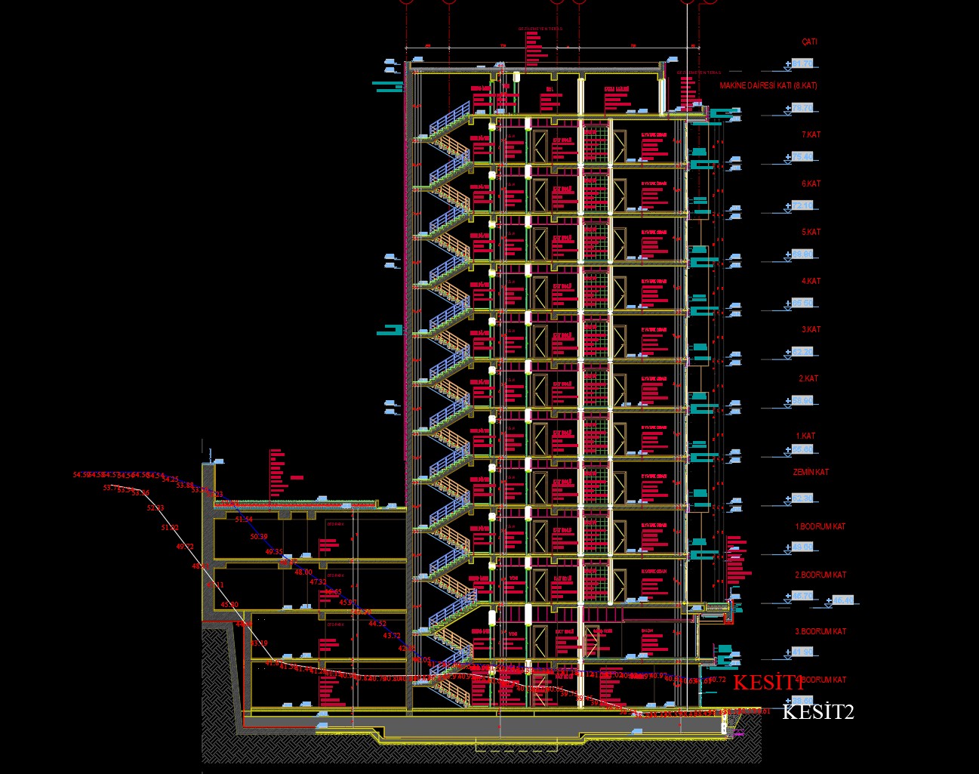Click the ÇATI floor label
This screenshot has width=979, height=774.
[809, 42]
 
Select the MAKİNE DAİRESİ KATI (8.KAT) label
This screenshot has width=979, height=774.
[768, 85]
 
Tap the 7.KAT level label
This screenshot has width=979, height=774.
[811, 134]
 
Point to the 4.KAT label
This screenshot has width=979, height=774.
[811, 281]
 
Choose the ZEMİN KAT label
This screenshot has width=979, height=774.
[811, 472]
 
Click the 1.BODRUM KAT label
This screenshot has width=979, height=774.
[820, 526]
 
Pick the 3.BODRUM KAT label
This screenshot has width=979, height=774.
[820, 631]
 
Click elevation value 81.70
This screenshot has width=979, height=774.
[802, 64]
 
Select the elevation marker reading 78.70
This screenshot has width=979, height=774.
[802, 109]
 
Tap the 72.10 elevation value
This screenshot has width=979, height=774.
[802, 205]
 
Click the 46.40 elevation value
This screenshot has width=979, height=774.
[843, 600]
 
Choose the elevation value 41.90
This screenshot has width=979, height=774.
[802, 652]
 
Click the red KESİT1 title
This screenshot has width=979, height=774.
[768, 683]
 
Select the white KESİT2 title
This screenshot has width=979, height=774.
[818, 711]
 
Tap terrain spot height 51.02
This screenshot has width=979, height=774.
[170, 528]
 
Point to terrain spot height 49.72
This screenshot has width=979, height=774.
[185, 546]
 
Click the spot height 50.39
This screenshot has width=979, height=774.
[259, 536]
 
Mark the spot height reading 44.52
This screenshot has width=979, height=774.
[377, 624]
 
